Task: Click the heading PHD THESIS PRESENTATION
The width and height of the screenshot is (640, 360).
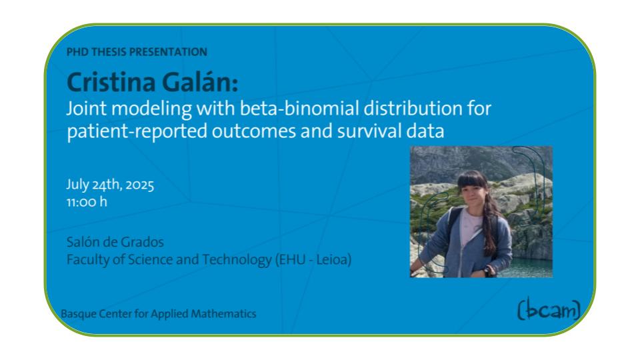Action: [x=137, y=52]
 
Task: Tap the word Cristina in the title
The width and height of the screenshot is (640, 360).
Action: [x=111, y=82]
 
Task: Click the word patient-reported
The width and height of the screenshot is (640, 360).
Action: [x=137, y=131]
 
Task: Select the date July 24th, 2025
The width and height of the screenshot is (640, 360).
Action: [x=110, y=185]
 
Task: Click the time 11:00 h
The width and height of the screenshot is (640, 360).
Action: [x=87, y=201]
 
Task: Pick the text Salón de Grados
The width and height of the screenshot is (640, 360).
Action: [x=115, y=242]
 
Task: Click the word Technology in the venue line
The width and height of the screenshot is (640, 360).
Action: [x=237, y=260]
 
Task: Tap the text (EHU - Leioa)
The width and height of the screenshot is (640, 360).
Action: [x=313, y=259]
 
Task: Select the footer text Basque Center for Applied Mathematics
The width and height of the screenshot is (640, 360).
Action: [x=159, y=313]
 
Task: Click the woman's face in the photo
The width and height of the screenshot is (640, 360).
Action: [x=472, y=195]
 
